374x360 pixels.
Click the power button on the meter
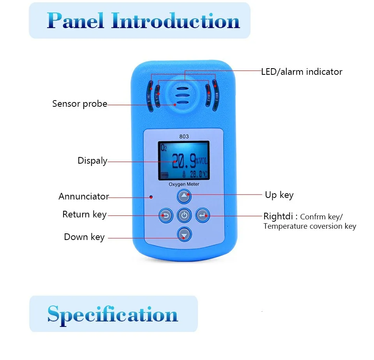[184, 215]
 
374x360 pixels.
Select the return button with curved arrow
[166, 215]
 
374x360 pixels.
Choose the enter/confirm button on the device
[202, 215]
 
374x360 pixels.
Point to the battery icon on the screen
[164, 175]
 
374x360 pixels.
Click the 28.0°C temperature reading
[198, 174]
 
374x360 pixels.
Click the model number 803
[184, 136]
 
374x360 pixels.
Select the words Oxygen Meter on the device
[184, 184]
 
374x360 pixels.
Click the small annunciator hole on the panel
[151, 197]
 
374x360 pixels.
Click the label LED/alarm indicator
[302, 72]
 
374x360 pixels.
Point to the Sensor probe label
[79, 104]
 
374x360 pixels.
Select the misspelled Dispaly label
[92, 161]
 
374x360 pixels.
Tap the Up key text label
[279, 195]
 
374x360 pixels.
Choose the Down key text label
[84, 237]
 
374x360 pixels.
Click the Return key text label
[84, 214]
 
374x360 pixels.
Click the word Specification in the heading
[113, 314]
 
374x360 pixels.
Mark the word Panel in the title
[76, 21]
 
